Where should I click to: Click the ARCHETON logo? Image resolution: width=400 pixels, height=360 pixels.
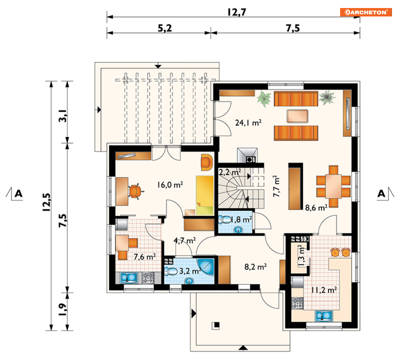click(x=366, y=12)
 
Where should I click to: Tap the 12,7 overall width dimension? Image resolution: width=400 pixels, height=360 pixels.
click(x=237, y=12)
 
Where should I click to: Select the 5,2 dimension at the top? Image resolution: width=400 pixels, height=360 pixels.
click(x=165, y=28)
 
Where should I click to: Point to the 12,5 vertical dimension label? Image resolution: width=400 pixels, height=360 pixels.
click(x=47, y=202)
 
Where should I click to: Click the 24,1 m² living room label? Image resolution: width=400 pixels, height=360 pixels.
click(x=248, y=123)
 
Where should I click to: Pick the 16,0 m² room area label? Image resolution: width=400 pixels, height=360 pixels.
click(x=170, y=184)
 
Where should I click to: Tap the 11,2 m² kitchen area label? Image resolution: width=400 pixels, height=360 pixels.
click(x=324, y=290)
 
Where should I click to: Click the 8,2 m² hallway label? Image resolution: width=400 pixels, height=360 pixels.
click(x=256, y=267)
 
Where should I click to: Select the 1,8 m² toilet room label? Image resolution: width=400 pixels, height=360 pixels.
click(x=241, y=219)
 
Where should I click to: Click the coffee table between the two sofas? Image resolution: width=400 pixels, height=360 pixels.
click(x=297, y=116)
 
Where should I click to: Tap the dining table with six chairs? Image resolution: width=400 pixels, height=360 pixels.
click(x=333, y=186)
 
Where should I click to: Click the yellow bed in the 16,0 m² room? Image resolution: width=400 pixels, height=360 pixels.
click(x=205, y=195)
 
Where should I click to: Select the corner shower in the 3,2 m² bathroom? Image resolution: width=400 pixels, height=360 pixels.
click(x=205, y=267)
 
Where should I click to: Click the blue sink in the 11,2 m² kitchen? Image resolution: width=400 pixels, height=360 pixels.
click(x=324, y=316)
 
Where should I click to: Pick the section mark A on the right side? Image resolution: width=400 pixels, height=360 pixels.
click(x=382, y=194)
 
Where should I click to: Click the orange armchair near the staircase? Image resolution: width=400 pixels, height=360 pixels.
click(x=207, y=162)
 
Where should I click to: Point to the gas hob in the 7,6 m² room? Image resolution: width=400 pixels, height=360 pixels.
click(x=148, y=278)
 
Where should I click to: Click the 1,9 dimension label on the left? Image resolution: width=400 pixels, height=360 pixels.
click(x=63, y=309)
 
